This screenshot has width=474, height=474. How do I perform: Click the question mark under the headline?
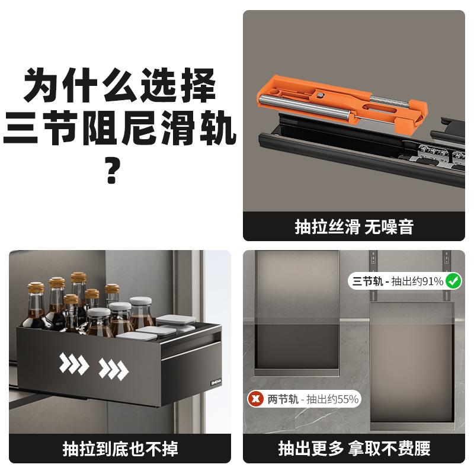pos(113,171)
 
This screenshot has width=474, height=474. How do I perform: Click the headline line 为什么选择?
pos(118,86)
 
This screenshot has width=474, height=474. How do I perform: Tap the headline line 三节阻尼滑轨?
pos(118,131)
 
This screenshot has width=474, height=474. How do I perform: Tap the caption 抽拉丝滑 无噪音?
pos(354,227)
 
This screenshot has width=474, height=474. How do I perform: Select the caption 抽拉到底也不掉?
pos(120,449)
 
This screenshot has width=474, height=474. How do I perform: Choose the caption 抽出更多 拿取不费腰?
pos(354,449)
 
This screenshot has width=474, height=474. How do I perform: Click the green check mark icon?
pos(454,281)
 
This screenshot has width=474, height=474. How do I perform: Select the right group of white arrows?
pos(113,369)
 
